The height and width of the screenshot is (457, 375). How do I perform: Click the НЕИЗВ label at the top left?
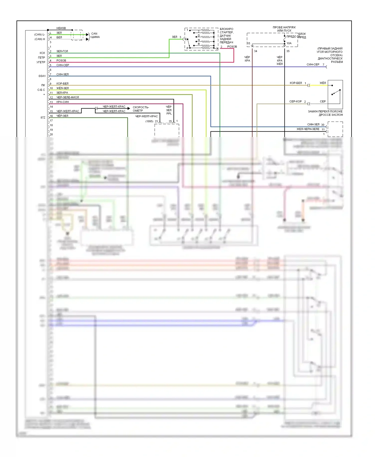[x=61, y=28]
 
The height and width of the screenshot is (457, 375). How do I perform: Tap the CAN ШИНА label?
[x=95, y=35]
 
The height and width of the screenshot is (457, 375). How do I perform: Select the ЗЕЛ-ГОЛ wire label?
[x=62, y=51]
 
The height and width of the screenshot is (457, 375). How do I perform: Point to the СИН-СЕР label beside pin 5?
[x=62, y=65]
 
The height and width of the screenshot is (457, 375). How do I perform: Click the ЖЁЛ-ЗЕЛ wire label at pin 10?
[x=62, y=88]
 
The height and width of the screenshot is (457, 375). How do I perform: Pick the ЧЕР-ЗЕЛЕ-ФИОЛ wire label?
[x=67, y=97]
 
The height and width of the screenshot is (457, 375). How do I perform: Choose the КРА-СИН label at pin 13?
[x=62, y=102]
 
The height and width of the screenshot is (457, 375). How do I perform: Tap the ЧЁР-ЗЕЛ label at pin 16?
[x=62, y=116]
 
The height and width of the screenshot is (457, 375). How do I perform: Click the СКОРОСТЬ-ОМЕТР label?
[x=140, y=109]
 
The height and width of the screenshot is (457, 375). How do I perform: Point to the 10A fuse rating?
[x=289, y=43]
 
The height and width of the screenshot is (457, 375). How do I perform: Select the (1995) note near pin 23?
[x=149, y=121]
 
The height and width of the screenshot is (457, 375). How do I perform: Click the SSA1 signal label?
[x=42, y=76]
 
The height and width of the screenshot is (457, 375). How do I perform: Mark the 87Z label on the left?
[x=43, y=117]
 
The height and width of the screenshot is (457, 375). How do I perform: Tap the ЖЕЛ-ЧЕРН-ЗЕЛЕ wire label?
[x=308, y=129]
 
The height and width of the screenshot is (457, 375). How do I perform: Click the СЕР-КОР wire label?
[x=295, y=101]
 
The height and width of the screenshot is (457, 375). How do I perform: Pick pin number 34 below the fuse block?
[x=255, y=51]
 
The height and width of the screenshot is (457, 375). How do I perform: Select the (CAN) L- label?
[x=39, y=34]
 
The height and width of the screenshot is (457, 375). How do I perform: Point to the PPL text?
[x=169, y=113]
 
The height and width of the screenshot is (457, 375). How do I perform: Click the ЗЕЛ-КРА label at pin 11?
[x=62, y=93]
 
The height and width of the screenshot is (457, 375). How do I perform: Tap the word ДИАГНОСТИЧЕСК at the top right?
[x=330, y=58]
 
